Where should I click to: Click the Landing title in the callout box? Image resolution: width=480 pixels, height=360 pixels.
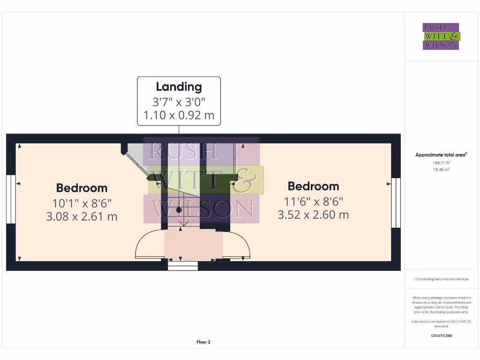(179, 87)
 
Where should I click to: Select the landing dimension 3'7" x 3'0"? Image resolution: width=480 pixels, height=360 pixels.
(179, 101)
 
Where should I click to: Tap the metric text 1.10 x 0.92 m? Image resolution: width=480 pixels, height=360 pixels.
(179, 115)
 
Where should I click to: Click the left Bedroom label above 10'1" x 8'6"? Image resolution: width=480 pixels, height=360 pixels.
(82, 188)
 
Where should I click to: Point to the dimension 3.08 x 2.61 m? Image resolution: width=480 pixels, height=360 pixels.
(82, 216)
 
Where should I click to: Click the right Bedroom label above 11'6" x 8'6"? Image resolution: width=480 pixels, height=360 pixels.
(313, 186)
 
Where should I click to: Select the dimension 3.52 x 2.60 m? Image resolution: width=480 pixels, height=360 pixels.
(313, 215)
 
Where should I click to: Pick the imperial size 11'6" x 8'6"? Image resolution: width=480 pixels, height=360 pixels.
(313, 201)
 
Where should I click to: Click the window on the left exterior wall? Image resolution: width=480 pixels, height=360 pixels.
(11, 199)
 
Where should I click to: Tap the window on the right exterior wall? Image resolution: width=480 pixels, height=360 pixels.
(396, 202)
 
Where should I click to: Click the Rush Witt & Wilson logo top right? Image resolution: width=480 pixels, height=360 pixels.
(441, 37)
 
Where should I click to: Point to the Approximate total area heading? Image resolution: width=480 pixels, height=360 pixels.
(441, 155)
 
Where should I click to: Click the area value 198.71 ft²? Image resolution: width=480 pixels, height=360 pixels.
(441, 163)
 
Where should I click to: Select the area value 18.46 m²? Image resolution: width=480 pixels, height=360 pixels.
(441, 169)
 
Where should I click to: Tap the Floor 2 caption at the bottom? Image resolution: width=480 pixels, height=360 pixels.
(203, 342)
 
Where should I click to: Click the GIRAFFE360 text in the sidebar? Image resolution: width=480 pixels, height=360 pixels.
(441, 336)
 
